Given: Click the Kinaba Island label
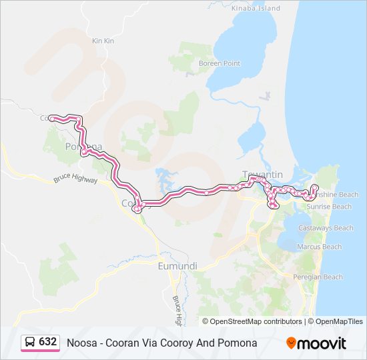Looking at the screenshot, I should pos(256,9).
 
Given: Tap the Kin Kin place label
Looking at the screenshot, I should pos(103,41).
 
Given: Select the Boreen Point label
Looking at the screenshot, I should pos(220,63).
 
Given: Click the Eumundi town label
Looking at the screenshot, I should pos(177,266).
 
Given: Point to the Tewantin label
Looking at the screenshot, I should pos(262,175).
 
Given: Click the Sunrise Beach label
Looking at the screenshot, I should pos(329,207).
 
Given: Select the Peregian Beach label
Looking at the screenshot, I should pos(319,277).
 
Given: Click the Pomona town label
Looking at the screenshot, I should pos(83,147).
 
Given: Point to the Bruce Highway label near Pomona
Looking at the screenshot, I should pos(75,180).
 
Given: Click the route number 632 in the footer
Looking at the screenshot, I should pos(47,342).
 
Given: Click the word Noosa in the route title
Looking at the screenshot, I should pos(80,343).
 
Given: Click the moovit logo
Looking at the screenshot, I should pos(316,343).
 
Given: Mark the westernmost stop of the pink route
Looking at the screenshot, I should pos(51,118).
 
